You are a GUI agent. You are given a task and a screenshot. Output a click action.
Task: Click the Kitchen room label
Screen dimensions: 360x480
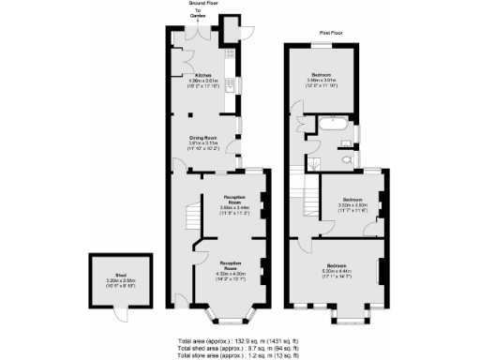(203, 75)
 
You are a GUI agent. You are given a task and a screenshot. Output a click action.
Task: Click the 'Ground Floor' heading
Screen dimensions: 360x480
(204, 4)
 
